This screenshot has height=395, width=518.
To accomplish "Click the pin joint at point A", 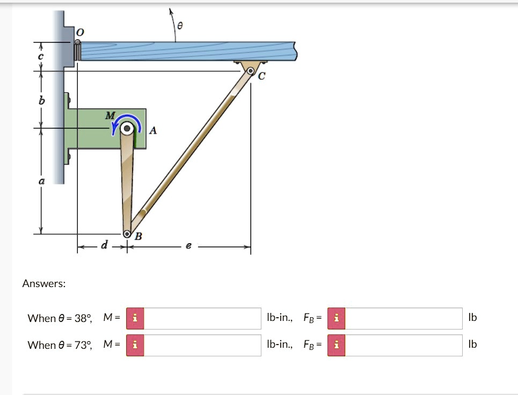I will pyautogui.click(x=127, y=129).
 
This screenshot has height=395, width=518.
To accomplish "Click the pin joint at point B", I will pyautogui.click(x=127, y=234).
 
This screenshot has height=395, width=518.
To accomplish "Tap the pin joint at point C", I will pyautogui.click(x=251, y=70).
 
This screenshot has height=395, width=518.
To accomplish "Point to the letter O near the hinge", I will pyautogui.click(x=79, y=33).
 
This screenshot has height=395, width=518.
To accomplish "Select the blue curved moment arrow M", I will pyautogui.click(x=127, y=121).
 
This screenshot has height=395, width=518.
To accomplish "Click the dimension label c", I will pyautogui.click(x=41, y=56).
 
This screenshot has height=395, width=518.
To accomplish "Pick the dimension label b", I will pyautogui.click(x=41, y=101).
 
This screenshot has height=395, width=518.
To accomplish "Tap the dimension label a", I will pyautogui.click(x=41, y=182).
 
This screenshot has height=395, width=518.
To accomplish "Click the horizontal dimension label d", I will pyautogui.click(x=104, y=246).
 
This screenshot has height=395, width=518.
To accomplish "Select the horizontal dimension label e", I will pyautogui.click(x=187, y=246).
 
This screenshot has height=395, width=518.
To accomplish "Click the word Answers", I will pyautogui.click(x=44, y=283).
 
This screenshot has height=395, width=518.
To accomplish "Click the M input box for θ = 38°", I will pyautogui.click(x=202, y=318).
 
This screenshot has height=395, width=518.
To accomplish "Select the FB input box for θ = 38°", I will pyautogui.click(x=403, y=318).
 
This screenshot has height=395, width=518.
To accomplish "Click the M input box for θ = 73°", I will pyautogui.click(x=202, y=345).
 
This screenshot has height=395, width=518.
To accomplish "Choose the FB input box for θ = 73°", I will pyautogui.click(x=403, y=345).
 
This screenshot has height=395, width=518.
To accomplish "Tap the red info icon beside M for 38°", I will pyautogui.click(x=135, y=318).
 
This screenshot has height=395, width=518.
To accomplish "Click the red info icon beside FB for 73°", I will pyautogui.click(x=336, y=345).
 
